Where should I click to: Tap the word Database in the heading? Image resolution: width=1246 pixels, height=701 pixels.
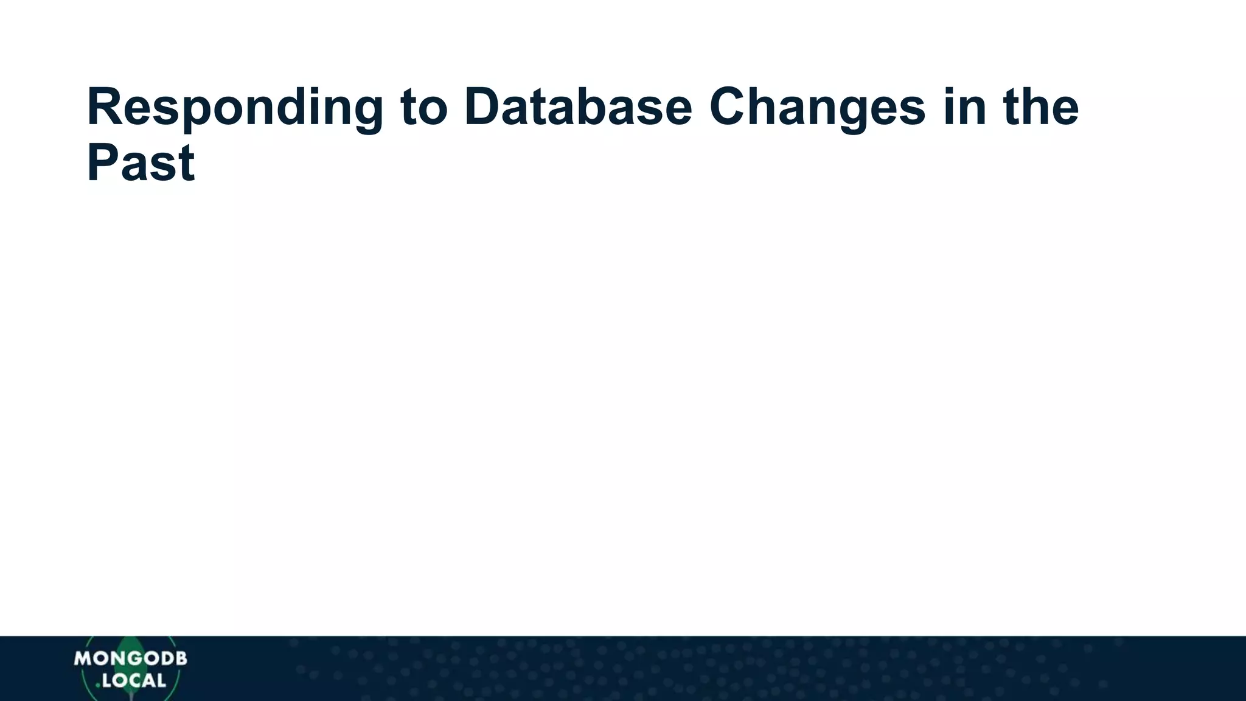point(578,107)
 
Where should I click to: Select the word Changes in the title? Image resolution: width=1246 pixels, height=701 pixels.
point(816,107)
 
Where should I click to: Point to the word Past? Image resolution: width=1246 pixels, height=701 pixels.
point(141,163)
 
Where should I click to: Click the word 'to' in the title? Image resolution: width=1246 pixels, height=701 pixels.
point(424,107)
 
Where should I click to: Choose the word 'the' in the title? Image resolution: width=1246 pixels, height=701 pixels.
point(1041,107)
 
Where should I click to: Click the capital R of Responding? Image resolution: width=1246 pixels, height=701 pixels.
point(103,107)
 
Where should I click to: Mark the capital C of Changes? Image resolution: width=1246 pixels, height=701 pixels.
point(728,107)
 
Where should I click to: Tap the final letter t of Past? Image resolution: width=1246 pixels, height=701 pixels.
point(188,163)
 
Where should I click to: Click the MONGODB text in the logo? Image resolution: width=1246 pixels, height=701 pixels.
point(130,658)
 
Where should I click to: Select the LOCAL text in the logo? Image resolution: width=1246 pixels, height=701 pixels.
point(134,680)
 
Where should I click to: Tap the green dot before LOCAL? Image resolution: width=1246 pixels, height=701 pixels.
point(98,685)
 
